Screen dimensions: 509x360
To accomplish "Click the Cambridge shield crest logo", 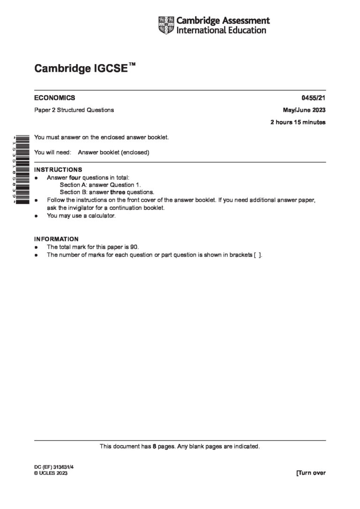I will [166, 25].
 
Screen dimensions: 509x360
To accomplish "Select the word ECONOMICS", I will [54, 98].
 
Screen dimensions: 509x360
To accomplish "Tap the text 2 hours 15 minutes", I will [298, 122].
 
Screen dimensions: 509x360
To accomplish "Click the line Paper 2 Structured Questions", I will [74, 110].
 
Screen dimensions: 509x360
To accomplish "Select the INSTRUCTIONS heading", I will [58, 170].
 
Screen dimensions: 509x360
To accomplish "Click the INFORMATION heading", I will [56, 239].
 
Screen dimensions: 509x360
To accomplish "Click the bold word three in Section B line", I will [118, 192].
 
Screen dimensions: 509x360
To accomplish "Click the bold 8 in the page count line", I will [154, 447].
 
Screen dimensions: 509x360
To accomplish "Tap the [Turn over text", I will [310, 473].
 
